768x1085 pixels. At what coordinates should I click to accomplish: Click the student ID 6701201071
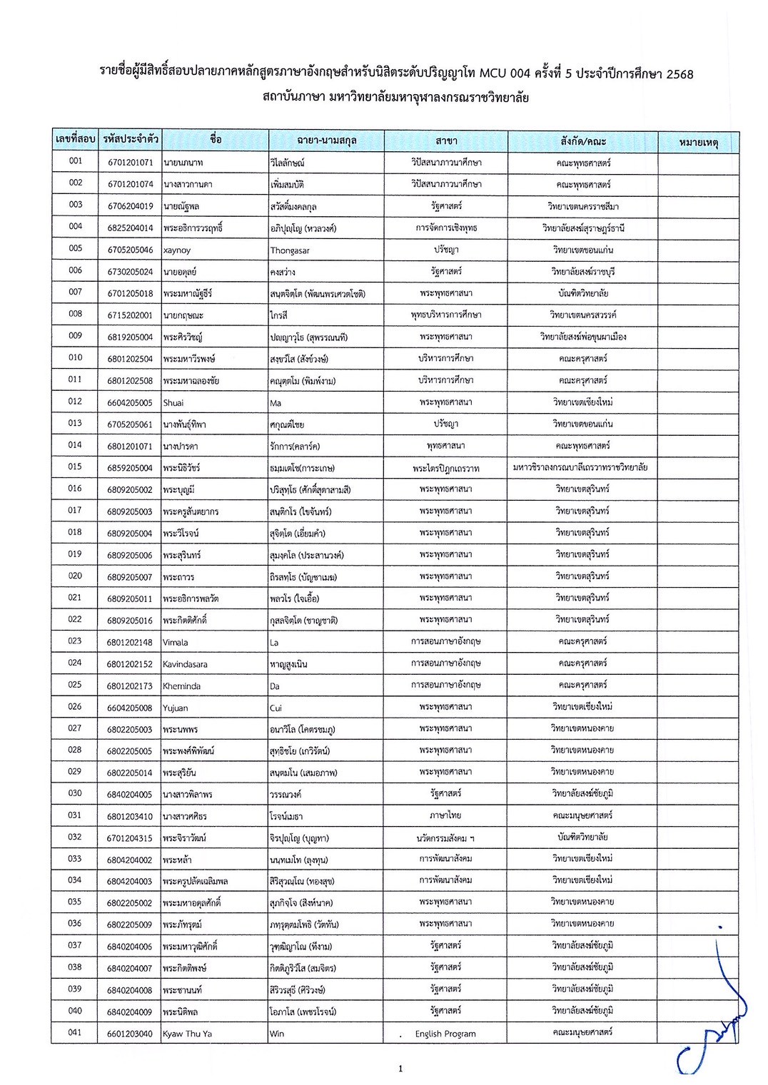point(130,163)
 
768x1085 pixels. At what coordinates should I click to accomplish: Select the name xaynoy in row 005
point(177,250)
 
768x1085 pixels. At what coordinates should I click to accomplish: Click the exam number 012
point(75,402)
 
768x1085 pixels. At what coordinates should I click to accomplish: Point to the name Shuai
point(173,403)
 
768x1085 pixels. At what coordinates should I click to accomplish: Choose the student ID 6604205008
point(130,708)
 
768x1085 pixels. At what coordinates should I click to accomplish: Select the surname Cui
point(276,708)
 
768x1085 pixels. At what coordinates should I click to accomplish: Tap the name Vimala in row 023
point(176,642)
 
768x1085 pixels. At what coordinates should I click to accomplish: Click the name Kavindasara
point(185,664)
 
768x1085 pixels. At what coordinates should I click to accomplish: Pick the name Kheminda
point(181,686)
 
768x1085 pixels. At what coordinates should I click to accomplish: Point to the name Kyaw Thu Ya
point(187,1034)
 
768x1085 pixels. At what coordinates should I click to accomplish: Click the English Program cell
point(445,1034)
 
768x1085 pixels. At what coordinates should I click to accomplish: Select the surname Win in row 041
point(277,1034)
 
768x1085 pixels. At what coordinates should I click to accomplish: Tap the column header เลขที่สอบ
point(75,139)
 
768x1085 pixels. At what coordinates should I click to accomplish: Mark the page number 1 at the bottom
point(400,1068)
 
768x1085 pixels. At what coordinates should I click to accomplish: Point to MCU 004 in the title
point(505,73)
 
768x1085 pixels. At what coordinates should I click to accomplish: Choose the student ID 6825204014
point(130,228)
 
